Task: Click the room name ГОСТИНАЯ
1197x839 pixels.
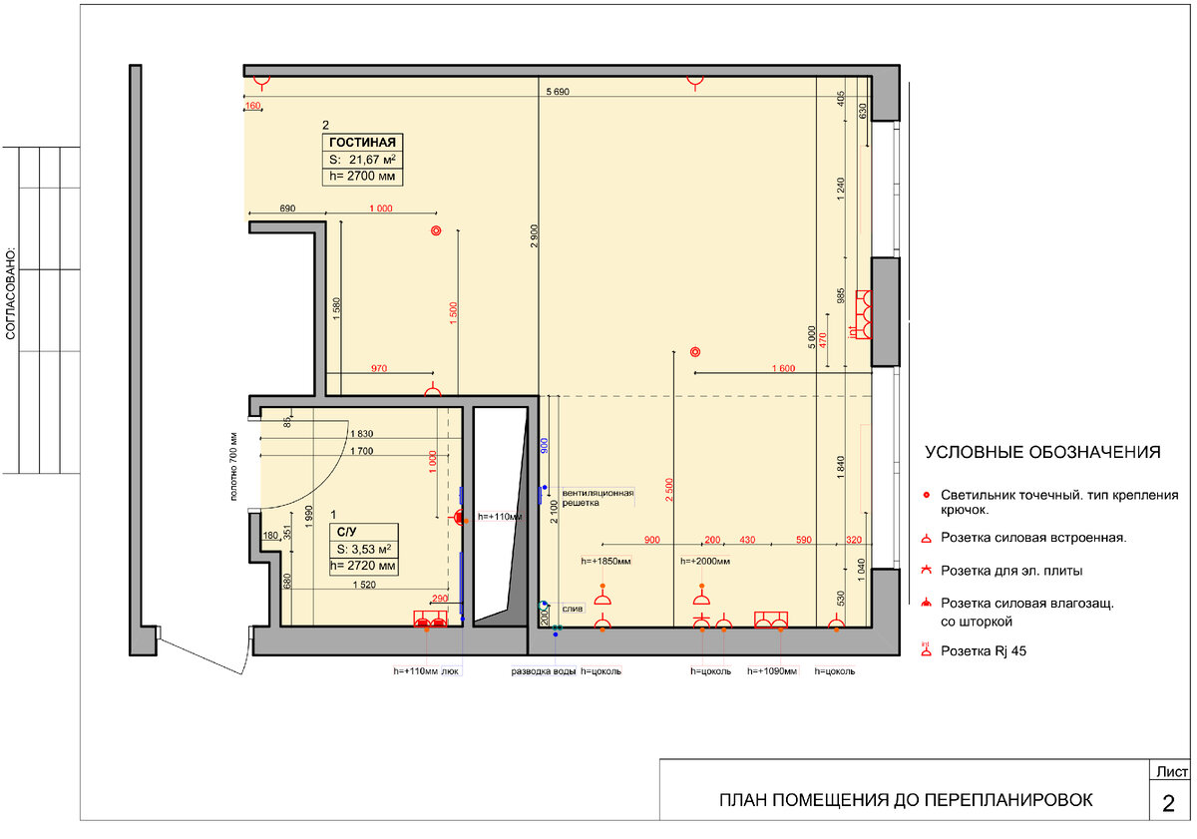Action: [362, 142]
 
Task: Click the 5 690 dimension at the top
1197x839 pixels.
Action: [558, 92]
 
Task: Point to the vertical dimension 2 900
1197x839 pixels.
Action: [535, 235]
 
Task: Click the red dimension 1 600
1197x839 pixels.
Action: [783, 368]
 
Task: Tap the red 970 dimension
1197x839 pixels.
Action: [379, 368]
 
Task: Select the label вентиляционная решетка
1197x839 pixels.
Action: [598, 498]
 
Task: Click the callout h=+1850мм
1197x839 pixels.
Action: [605, 561]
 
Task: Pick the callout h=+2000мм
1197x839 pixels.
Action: [705, 561]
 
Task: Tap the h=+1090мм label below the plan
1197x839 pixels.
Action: [772, 671]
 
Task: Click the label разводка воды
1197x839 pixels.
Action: [543, 671]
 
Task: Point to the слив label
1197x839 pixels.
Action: [573, 609]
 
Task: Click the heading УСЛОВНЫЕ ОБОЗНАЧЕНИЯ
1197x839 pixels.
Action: [1042, 452]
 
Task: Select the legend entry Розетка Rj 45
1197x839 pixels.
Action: [983, 650]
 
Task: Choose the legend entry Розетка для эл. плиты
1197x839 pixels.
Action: [1011, 571]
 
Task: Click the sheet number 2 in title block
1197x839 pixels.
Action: [1168, 803]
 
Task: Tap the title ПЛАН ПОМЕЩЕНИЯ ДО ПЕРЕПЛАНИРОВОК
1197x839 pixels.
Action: [906, 800]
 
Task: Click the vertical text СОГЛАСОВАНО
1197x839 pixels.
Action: [11, 293]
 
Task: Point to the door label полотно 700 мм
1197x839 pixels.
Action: [233, 467]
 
